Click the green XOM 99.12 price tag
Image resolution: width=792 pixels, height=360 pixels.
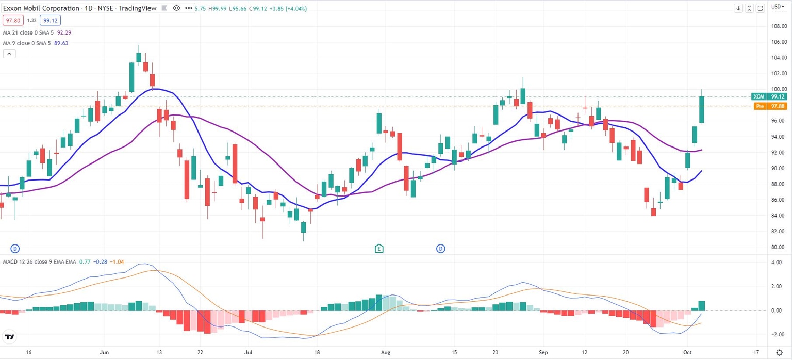click(767, 96)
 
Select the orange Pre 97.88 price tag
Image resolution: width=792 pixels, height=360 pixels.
click(767, 106)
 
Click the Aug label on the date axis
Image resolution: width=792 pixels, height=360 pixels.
click(385, 352)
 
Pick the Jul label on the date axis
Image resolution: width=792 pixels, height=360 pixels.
click(248, 352)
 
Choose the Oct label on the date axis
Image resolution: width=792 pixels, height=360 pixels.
click(687, 352)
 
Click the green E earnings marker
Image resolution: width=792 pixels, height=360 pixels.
click(379, 249)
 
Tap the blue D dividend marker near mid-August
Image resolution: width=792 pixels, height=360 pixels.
click(441, 249)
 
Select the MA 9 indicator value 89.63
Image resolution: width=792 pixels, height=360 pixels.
click(61, 43)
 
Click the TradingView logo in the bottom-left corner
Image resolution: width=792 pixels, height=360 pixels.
click(9, 337)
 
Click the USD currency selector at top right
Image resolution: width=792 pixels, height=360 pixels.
click(776, 7)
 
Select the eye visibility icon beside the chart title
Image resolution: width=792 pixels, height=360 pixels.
click(176, 8)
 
